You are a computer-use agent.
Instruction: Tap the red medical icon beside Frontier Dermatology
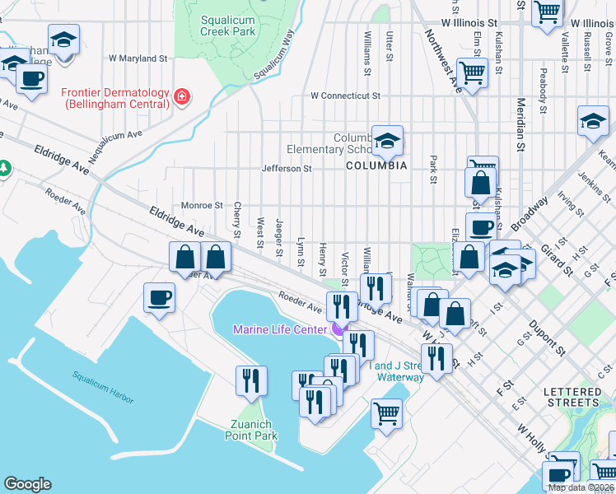tap(181, 99)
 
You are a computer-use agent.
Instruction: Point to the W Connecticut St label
tap(345, 96)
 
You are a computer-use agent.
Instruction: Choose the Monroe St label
tap(202, 205)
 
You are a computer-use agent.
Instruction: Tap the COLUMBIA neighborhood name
tap(376, 165)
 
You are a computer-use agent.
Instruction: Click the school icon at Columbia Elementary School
tap(386, 140)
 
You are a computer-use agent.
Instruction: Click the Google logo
tap(27, 484)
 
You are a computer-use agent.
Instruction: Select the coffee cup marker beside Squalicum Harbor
tap(158, 297)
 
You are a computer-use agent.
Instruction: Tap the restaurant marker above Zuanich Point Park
tap(250, 380)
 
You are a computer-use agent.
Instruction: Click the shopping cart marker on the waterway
tap(385, 412)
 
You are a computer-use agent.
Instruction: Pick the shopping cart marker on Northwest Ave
tap(472, 72)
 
